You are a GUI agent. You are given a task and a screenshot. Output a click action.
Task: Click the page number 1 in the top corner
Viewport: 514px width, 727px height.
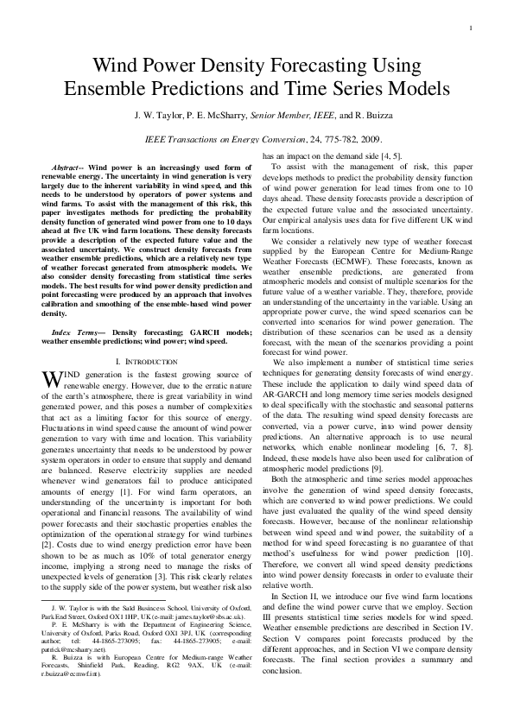click(470, 29)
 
